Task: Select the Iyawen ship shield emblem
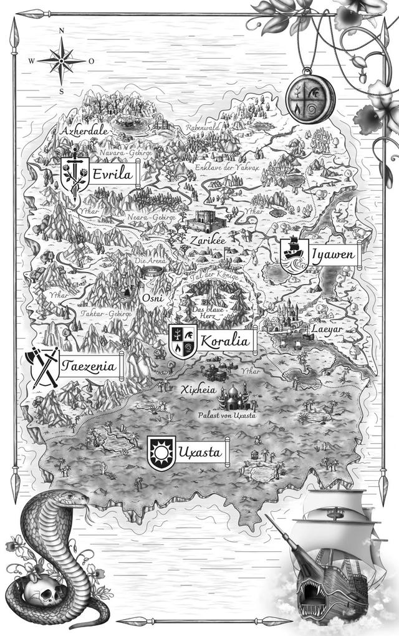point(294,254)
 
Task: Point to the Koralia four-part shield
point(183,341)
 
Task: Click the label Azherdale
point(84,132)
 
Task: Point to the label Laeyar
point(323,329)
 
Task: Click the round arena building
point(150,272)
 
